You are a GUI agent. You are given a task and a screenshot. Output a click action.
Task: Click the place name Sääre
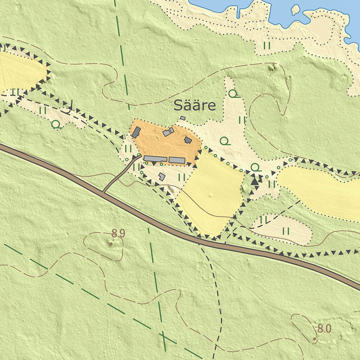pos(194,105)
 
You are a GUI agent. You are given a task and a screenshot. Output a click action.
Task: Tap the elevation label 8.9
pos(118,233)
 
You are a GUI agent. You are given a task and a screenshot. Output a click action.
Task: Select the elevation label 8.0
pos(324,329)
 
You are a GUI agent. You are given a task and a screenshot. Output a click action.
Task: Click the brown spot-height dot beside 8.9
pos(111,243)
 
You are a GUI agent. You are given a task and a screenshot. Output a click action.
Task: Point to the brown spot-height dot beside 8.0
pos(315,339)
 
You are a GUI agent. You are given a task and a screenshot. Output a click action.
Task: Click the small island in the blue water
pos(295,9)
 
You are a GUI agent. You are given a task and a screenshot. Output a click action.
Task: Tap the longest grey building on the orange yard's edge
pos(155,159)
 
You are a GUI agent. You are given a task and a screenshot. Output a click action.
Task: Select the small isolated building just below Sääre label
pos(182,118)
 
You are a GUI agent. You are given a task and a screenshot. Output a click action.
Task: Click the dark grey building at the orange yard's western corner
pos(136,132)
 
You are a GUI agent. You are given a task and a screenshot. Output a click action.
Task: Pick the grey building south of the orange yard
pos(162,176)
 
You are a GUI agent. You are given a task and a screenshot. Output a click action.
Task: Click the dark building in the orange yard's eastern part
pos(188,140)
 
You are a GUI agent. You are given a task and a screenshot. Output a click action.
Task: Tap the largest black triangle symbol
pos(255,181)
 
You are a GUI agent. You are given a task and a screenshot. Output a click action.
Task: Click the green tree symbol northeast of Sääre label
pos(233,94)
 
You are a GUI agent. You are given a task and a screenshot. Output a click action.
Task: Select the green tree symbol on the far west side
pos(56,124)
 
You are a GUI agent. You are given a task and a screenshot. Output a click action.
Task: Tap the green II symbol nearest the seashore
pos(267,45)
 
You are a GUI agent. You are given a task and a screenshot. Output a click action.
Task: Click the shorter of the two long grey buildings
pos(177,160)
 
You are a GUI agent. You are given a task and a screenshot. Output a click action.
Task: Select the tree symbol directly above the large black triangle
pos(256,167)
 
